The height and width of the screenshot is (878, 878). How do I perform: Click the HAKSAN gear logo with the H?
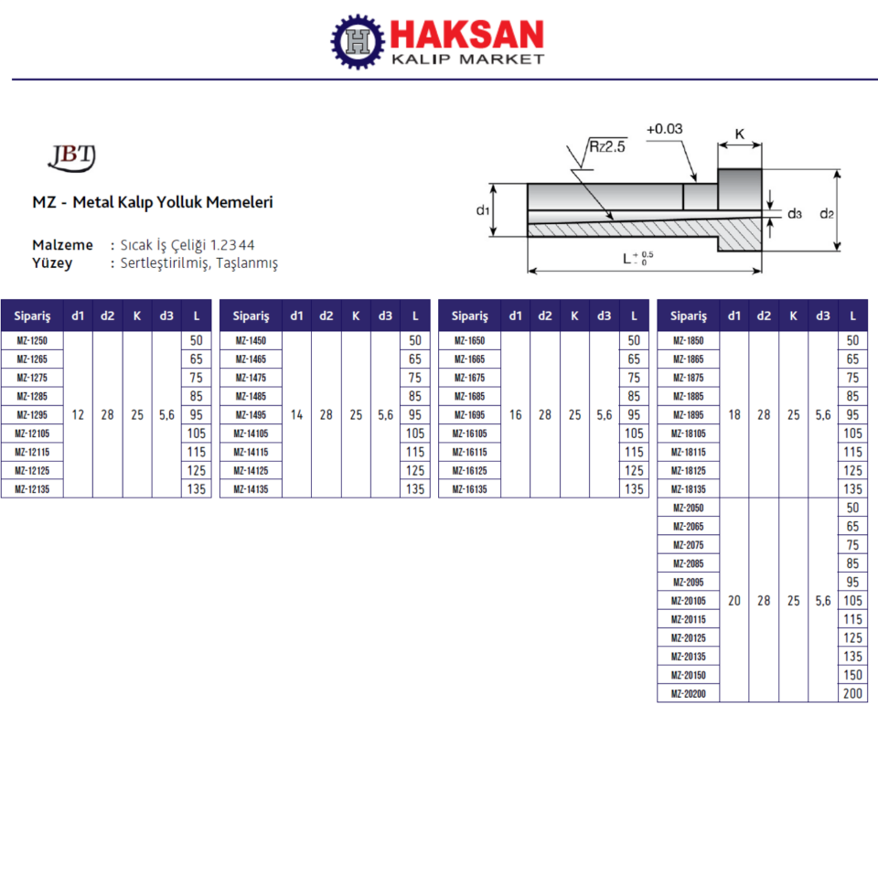(x=358, y=41)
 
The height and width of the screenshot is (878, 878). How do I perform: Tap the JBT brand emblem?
(x=72, y=157)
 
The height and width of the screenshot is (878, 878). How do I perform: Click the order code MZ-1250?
(x=32, y=340)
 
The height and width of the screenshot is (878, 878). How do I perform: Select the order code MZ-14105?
(x=251, y=434)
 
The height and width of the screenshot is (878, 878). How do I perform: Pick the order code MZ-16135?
(x=470, y=488)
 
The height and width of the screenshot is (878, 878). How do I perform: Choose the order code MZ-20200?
(x=688, y=694)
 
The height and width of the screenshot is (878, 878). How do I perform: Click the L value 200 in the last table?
(x=852, y=694)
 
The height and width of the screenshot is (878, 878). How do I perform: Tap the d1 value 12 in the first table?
(x=78, y=415)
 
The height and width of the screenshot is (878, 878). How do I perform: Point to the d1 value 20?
(x=734, y=601)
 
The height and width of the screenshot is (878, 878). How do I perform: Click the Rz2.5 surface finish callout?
(x=607, y=146)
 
